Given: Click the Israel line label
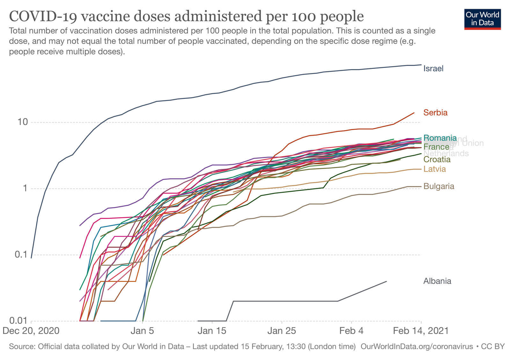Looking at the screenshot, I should click(433, 69).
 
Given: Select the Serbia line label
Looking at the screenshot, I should click(435, 113).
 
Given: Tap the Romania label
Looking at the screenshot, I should click(440, 138).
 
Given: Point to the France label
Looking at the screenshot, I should click(436, 147).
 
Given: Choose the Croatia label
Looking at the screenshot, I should click(437, 159).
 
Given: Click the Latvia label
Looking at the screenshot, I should click(434, 169).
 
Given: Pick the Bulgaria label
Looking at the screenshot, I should click(439, 186).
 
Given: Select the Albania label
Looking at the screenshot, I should click(437, 281).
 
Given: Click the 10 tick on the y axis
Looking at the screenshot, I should click(23, 122).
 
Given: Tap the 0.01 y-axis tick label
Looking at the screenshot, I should click(18, 320).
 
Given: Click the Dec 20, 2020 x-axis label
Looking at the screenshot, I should click(31, 331).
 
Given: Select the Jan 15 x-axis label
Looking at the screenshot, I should click(212, 331).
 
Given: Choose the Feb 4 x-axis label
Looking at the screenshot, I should click(351, 331).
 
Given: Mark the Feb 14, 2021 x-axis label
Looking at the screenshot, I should click(420, 331).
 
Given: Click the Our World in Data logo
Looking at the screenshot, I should click(482, 19).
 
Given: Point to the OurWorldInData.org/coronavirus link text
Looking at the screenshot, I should click(417, 347).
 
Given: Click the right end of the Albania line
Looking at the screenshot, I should click(387, 281).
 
